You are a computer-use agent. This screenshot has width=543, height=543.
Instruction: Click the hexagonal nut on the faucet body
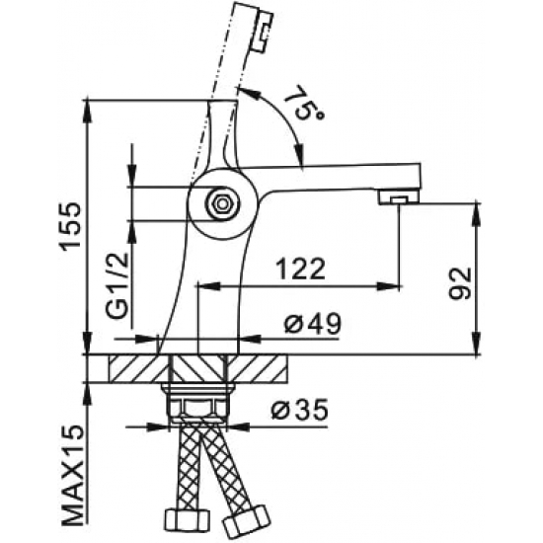click(x=220, y=205)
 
